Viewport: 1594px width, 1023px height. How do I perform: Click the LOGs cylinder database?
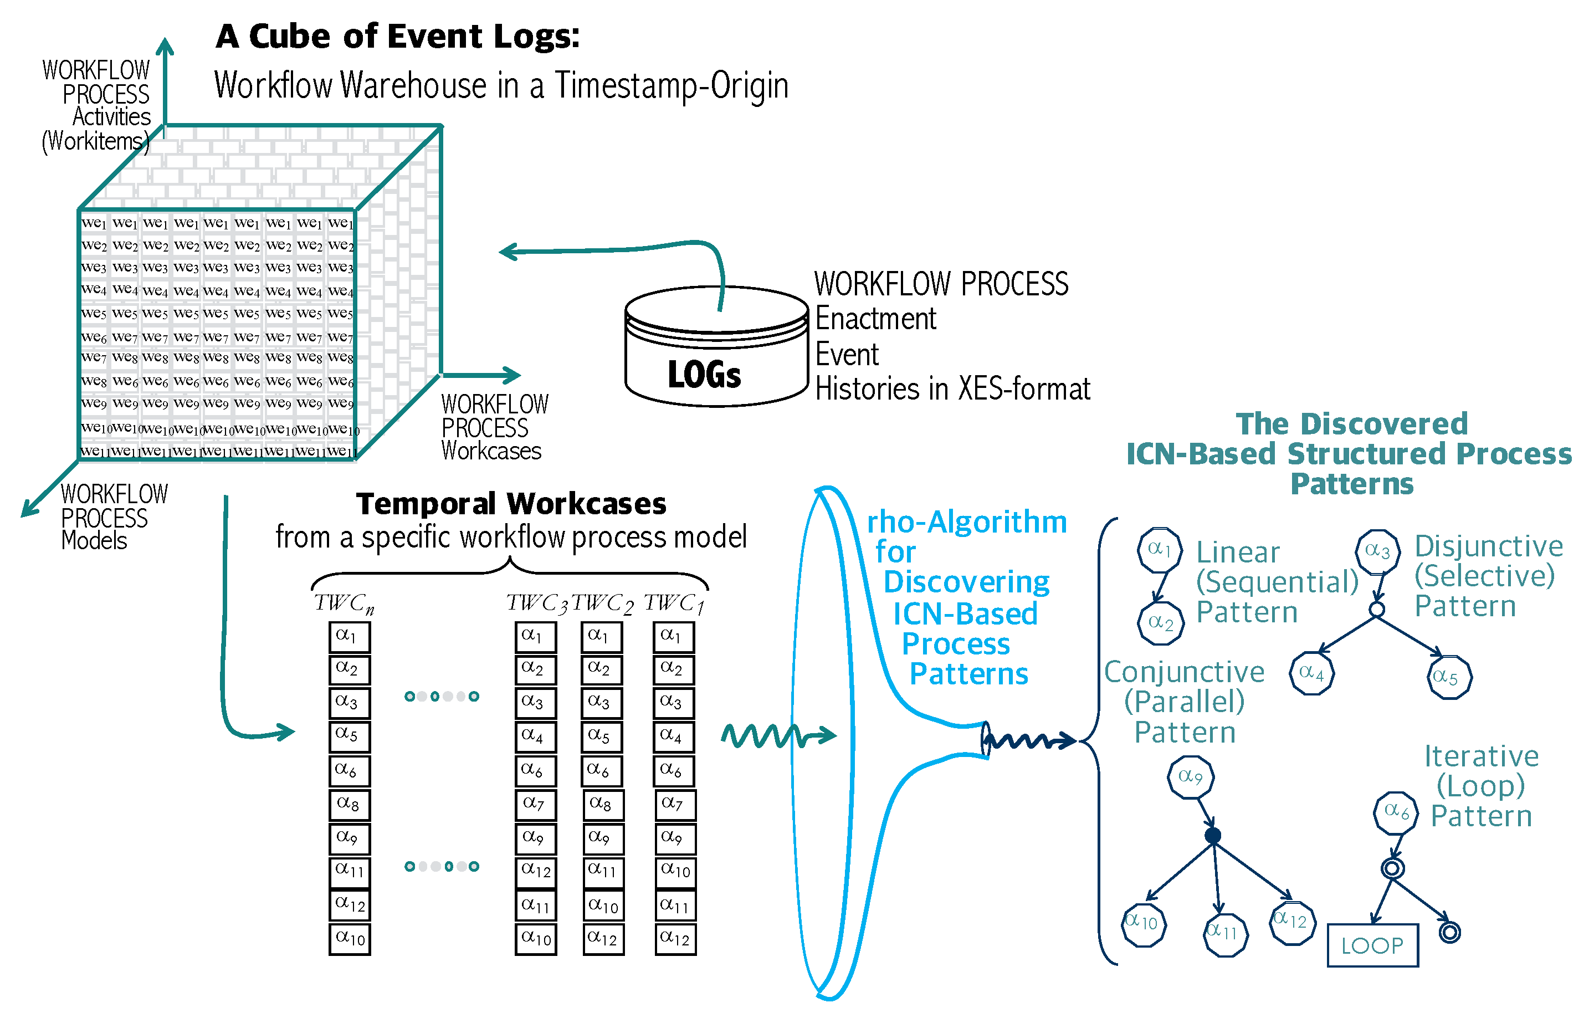716,346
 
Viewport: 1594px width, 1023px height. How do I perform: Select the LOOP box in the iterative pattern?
1372,945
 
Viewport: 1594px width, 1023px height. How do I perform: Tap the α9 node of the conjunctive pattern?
1191,777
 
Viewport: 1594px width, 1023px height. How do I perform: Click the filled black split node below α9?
1213,836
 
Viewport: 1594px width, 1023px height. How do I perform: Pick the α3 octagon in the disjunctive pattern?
1378,552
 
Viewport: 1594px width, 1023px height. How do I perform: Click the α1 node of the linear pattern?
1160,550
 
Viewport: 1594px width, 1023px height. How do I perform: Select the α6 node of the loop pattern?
1396,812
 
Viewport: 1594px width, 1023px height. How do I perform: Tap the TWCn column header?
344,603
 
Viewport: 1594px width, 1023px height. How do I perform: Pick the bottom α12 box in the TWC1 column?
675,939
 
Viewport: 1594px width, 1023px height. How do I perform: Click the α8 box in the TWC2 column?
603,805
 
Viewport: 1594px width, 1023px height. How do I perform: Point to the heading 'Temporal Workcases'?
511,504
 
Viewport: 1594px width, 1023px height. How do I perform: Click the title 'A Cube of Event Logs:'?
397,36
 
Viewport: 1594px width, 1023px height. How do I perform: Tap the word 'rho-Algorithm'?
967,522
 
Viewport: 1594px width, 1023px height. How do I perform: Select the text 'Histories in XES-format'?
952,389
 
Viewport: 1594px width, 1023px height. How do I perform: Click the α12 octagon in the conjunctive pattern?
1293,923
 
